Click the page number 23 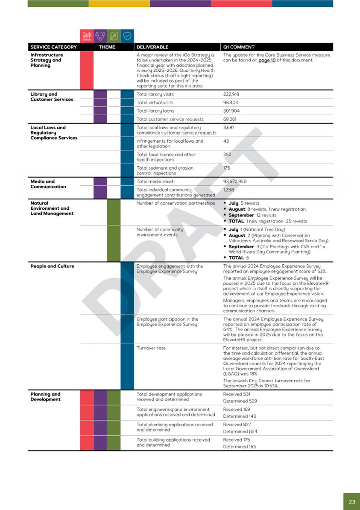pos(351,501)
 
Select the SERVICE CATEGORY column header pos(53,47)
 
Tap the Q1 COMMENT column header pos(239,47)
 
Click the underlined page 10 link pos(267,60)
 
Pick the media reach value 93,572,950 pos(235,182)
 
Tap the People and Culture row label pos(52,267)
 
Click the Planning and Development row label pos(45,397)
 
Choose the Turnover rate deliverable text pos(151,348)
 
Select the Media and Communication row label pos(48,184)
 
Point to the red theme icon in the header pos(87,35)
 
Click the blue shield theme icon pos(127,35)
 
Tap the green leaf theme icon pos(114,35)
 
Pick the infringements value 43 pos(226,141)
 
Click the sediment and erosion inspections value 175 pos(227,168)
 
